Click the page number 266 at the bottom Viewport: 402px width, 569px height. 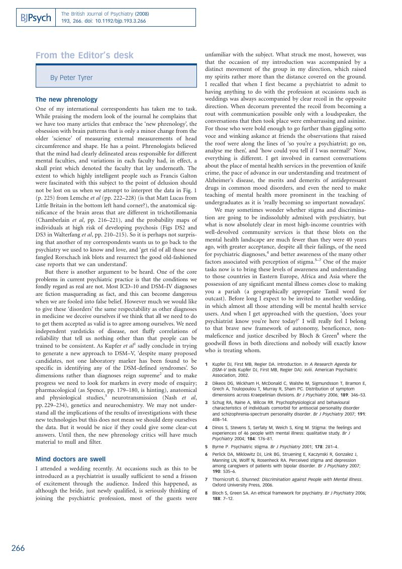click(18, 548)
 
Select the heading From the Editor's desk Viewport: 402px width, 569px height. click(84, 55)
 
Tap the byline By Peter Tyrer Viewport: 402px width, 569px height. click(71, 78)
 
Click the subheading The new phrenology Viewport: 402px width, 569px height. click(66, 100)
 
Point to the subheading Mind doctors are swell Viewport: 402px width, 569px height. click(70, 459)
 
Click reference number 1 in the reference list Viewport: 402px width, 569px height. click(207, 364)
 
